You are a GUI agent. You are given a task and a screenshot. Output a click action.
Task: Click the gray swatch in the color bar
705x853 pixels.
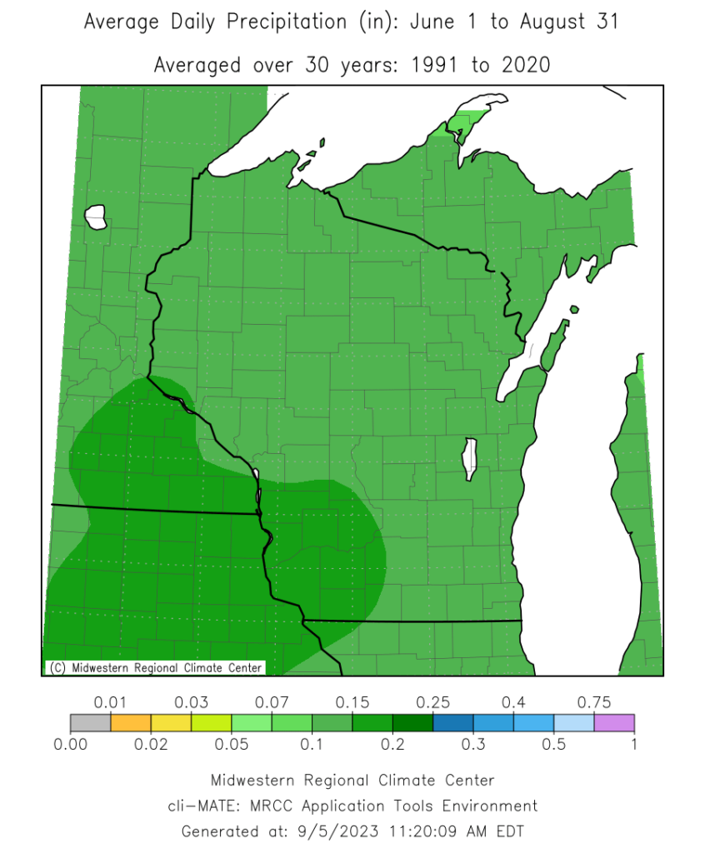point(90,722)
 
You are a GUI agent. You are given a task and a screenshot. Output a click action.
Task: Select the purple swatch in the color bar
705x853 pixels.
point(615,722)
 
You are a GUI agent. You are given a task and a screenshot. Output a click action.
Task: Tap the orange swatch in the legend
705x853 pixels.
point(131,722)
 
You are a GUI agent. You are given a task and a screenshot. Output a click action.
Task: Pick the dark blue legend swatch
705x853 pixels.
point(453,722)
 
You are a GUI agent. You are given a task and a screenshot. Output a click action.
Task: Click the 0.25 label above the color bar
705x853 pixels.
point(433,702)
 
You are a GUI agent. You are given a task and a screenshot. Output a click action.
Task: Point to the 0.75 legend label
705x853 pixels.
point(595,702)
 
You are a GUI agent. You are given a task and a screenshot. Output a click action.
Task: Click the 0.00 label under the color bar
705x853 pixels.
point(70,744)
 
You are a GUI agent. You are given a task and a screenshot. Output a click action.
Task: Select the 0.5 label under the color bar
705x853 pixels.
point(554,744)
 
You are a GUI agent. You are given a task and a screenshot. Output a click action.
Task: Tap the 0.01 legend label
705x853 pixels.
point(110,702)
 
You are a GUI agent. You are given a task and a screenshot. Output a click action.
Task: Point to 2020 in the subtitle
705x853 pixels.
point(524,64)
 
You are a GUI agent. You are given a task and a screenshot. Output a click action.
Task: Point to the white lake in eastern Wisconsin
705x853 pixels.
point(470,459)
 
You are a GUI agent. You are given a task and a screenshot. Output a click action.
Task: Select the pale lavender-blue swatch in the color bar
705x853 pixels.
point(574,722)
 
